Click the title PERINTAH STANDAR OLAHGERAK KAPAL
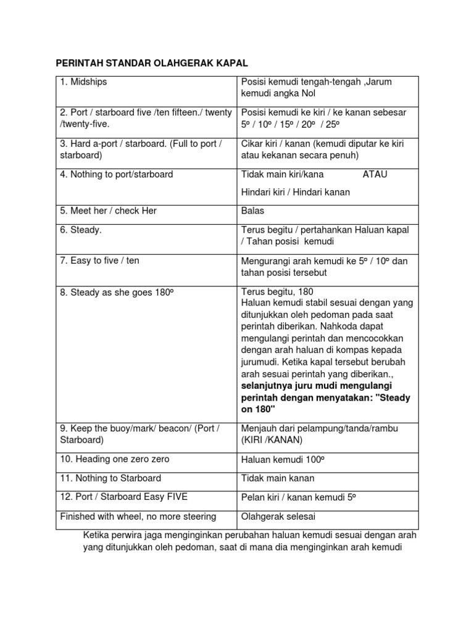[152, 64]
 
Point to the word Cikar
[252, 143]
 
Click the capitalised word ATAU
[375, 174]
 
